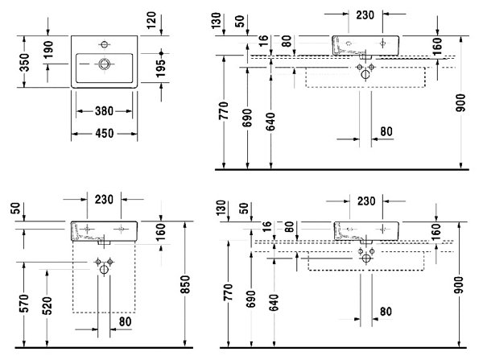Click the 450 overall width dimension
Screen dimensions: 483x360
tap(105, 134)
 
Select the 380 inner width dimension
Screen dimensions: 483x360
tap(104, 111)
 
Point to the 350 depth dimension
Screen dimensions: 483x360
tap(24, 62)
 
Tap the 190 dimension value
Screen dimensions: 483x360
tap(48, 50)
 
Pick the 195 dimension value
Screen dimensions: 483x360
tap(160, 68)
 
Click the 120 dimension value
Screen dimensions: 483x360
tap(151, 20)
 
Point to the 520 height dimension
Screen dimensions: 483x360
tap(47, 306)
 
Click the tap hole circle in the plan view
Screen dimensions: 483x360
tap(105, 44)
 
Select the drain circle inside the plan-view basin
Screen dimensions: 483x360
tap(105, 64)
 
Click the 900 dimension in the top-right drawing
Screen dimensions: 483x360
tap(460, 103)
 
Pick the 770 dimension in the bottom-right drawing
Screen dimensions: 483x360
tap(229, 292)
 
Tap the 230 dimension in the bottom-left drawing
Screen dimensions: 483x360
tap(104, 200)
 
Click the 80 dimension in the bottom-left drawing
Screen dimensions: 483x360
tap(125, 322)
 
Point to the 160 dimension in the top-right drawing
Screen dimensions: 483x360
tap(437, 47)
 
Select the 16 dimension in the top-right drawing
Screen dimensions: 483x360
tap(263, 41)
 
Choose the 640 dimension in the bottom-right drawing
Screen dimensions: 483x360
tap(274, 302)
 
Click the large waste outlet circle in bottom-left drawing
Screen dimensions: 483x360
tap(104, 270)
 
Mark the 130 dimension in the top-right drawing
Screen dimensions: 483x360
tap(217, 21)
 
